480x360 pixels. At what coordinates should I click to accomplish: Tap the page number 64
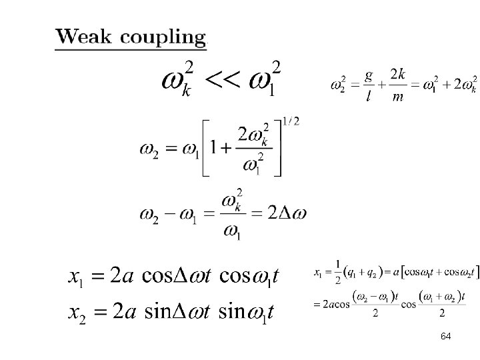pos(445,337)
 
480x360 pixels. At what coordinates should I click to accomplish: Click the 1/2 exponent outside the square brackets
pos(291,121)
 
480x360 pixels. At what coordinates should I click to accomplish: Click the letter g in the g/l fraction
pos(368,75)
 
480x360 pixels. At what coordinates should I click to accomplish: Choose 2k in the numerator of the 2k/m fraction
pos(397,75)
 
